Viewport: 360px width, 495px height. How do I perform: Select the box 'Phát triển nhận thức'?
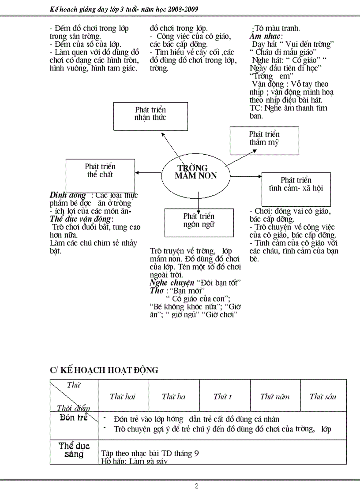(x=150, y=113)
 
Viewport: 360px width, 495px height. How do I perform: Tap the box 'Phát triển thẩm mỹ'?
(x=264, y=138)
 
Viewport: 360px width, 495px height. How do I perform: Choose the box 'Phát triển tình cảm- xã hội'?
(x=296, y=184)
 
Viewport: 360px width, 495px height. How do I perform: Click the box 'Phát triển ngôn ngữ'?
(x=199, y=220)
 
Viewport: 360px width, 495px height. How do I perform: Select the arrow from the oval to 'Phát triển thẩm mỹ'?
(x=241, y=157)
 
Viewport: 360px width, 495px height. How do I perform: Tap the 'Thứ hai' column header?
(x=123, y=397)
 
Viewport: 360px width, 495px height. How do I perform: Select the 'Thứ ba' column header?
(x=173, y=397)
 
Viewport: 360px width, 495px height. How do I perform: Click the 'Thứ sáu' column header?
(x=323, y=397)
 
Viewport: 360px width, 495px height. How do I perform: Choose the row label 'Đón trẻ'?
(x=74, y=418)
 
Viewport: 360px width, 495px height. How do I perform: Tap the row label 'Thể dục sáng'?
(x=74, y=450)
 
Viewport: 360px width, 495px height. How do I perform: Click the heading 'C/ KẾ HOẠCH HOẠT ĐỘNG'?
(x=104, y=370)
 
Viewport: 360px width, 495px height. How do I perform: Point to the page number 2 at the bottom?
(x=197, y=486)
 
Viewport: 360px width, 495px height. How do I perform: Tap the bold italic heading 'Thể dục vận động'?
(x=81, y=219)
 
